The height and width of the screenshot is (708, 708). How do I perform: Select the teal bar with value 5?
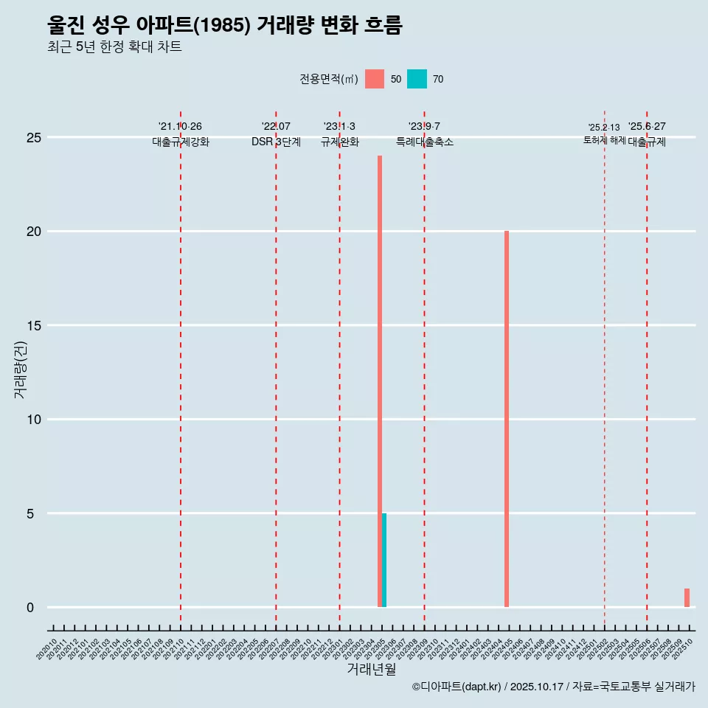(x=384, y=560)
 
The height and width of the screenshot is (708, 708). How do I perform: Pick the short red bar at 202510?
(x=687, y=598)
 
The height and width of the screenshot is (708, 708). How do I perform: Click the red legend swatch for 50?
(x=375, y=79)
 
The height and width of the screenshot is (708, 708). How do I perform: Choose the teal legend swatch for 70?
(x=417, y=79)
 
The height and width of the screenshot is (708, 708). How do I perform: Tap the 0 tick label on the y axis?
(x=30, y=608)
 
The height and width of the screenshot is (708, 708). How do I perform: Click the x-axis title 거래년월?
(x=372, y=670)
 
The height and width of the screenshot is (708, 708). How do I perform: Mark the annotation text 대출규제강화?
(x=181, y=142)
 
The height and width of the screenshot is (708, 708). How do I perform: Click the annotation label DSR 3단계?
(x=276, y=142)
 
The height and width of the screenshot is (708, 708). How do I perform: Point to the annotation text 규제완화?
(x=339, y=142)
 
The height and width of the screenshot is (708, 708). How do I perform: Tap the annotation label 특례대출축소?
(x=424, y=142)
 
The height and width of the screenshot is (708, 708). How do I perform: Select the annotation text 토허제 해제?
(x=604, y=140)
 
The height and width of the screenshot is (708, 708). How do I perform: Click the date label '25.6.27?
(x=647, y=127)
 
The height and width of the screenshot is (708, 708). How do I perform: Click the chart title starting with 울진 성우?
(x=224, y=26)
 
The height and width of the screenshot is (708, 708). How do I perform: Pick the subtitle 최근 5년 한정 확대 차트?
(x=114, y=47)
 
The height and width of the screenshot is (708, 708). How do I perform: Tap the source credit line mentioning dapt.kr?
(x=553, y=687)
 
